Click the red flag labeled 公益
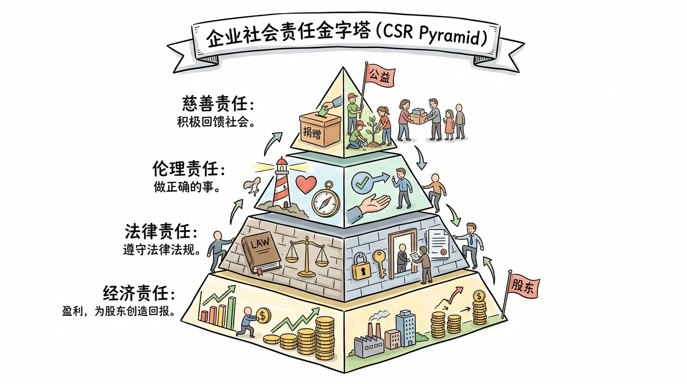379,75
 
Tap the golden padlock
361,267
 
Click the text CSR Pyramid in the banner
435,34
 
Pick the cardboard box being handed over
419,115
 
